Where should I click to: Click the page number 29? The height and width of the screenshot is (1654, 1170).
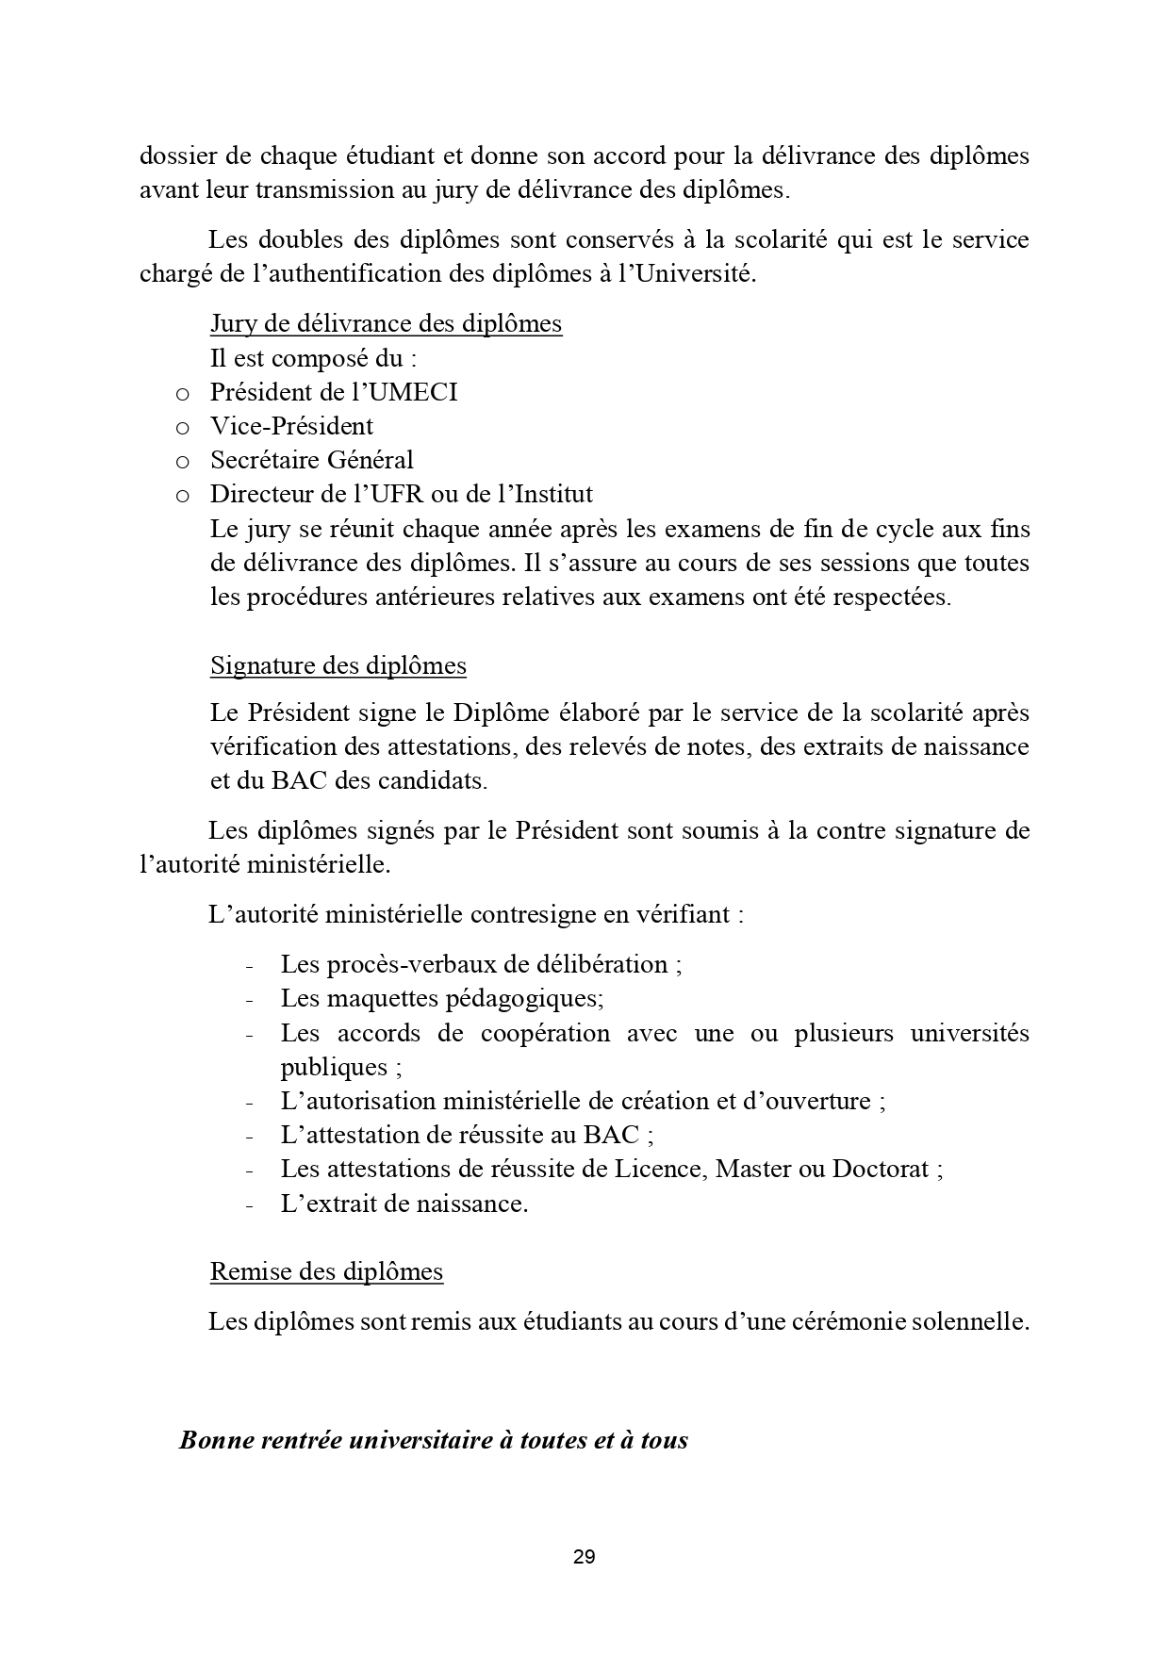(x=584, y=1557)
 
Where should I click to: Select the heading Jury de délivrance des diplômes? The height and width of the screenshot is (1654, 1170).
(x=386, y=324)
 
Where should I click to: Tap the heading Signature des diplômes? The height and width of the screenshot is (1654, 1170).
(x=338, y=665)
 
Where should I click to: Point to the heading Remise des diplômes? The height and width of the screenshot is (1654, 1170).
(x=326, y=1271)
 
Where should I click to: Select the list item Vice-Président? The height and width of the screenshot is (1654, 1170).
(x=291, y=426)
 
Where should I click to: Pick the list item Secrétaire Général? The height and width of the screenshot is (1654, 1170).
(x=311, y=460)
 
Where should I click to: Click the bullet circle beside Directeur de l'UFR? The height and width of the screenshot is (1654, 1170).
(x=183, y=495)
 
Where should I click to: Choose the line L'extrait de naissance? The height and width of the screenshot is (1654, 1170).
(x=404, y=1204)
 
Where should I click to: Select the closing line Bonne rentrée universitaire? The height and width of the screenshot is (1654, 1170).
(x=433, y=1440)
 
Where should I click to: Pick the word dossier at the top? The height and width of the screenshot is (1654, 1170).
(x=173, y=156)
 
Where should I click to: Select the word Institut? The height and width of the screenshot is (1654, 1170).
(x=552, y=494)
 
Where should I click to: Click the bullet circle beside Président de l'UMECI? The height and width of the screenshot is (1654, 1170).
(x=183, y=393)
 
